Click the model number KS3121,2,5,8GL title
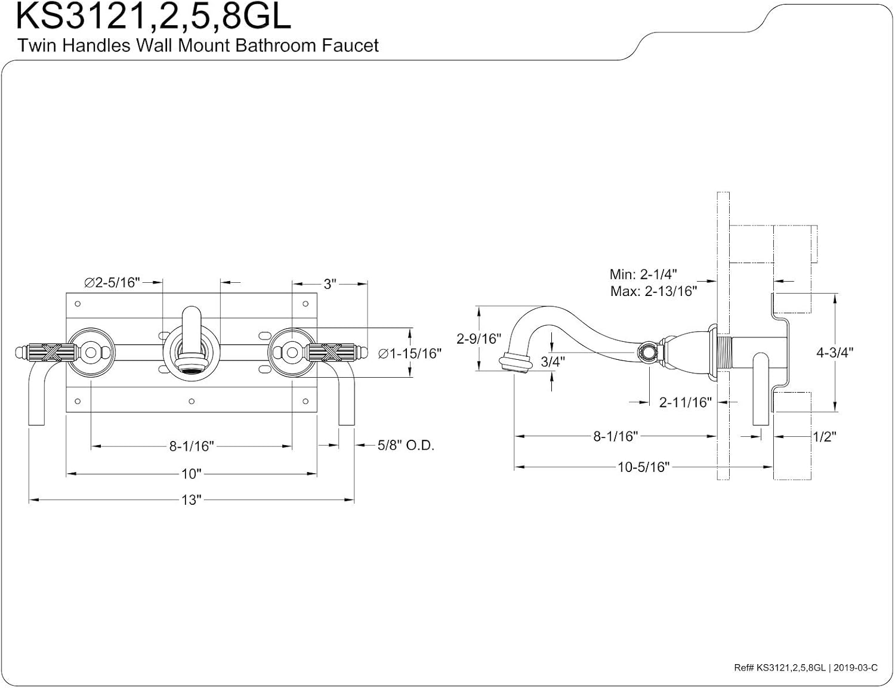click(x=153, y=17)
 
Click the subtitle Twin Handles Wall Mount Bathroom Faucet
click(x=197, y=45)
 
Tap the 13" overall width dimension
click(x=192, y=500)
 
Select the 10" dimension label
click(x=192, y=474)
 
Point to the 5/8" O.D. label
click(x=406, y=445)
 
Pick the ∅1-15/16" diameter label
click(x=410, y=353)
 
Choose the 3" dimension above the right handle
click(x=330, y=283)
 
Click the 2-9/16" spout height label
click(x=478, y=338)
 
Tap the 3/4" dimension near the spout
click(x=553, y=361)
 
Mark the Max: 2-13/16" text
click(x=653, y=291)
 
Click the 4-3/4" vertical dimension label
click(x=835, y=352)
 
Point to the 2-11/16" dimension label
click(x=686, y=402)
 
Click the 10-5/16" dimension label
click(x=643, y=467)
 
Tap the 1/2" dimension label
click(x=824, y=437)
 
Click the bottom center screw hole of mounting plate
click(x=191, y=402)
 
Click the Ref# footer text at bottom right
click(x=805, y=668)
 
